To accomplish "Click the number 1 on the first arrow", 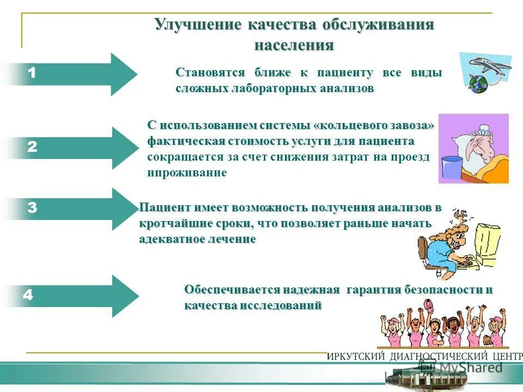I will point(32,73).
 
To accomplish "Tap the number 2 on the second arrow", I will point(32,146).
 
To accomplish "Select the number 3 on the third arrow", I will point(32,207).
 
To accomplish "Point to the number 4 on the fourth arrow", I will point(28,295).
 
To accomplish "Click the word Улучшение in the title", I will point(197,25).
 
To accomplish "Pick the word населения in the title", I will point(294,45).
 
